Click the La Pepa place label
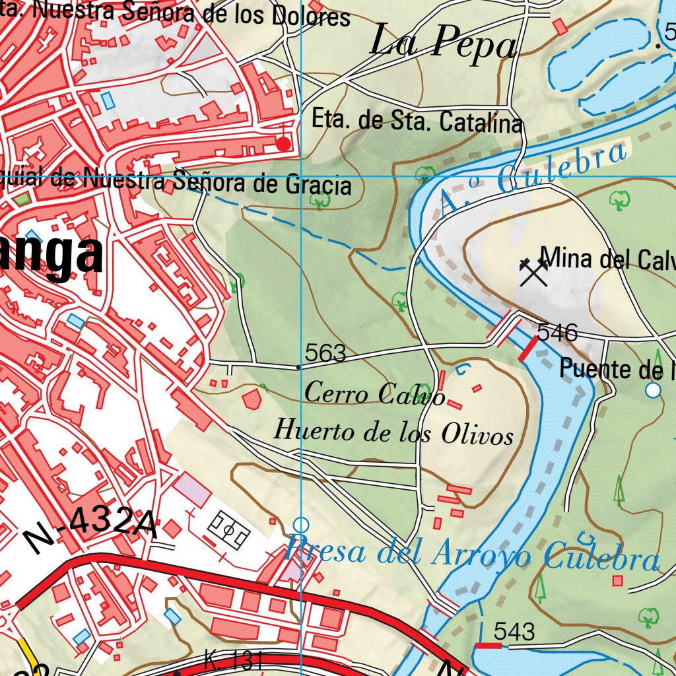coord(443,44)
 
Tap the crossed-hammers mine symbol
coord(533,272)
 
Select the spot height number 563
coord(326,354)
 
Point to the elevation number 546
coord(557,332)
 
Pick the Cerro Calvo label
coord(374,393)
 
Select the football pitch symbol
coord(228,529)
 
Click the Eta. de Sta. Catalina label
coord(417,121)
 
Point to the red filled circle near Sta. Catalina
coord(284,143)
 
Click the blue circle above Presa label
coord(301,525)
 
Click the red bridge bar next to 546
coord(527,349)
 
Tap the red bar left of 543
coord(489,645)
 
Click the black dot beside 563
coord(298,366)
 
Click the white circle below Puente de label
coord(653,390)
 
